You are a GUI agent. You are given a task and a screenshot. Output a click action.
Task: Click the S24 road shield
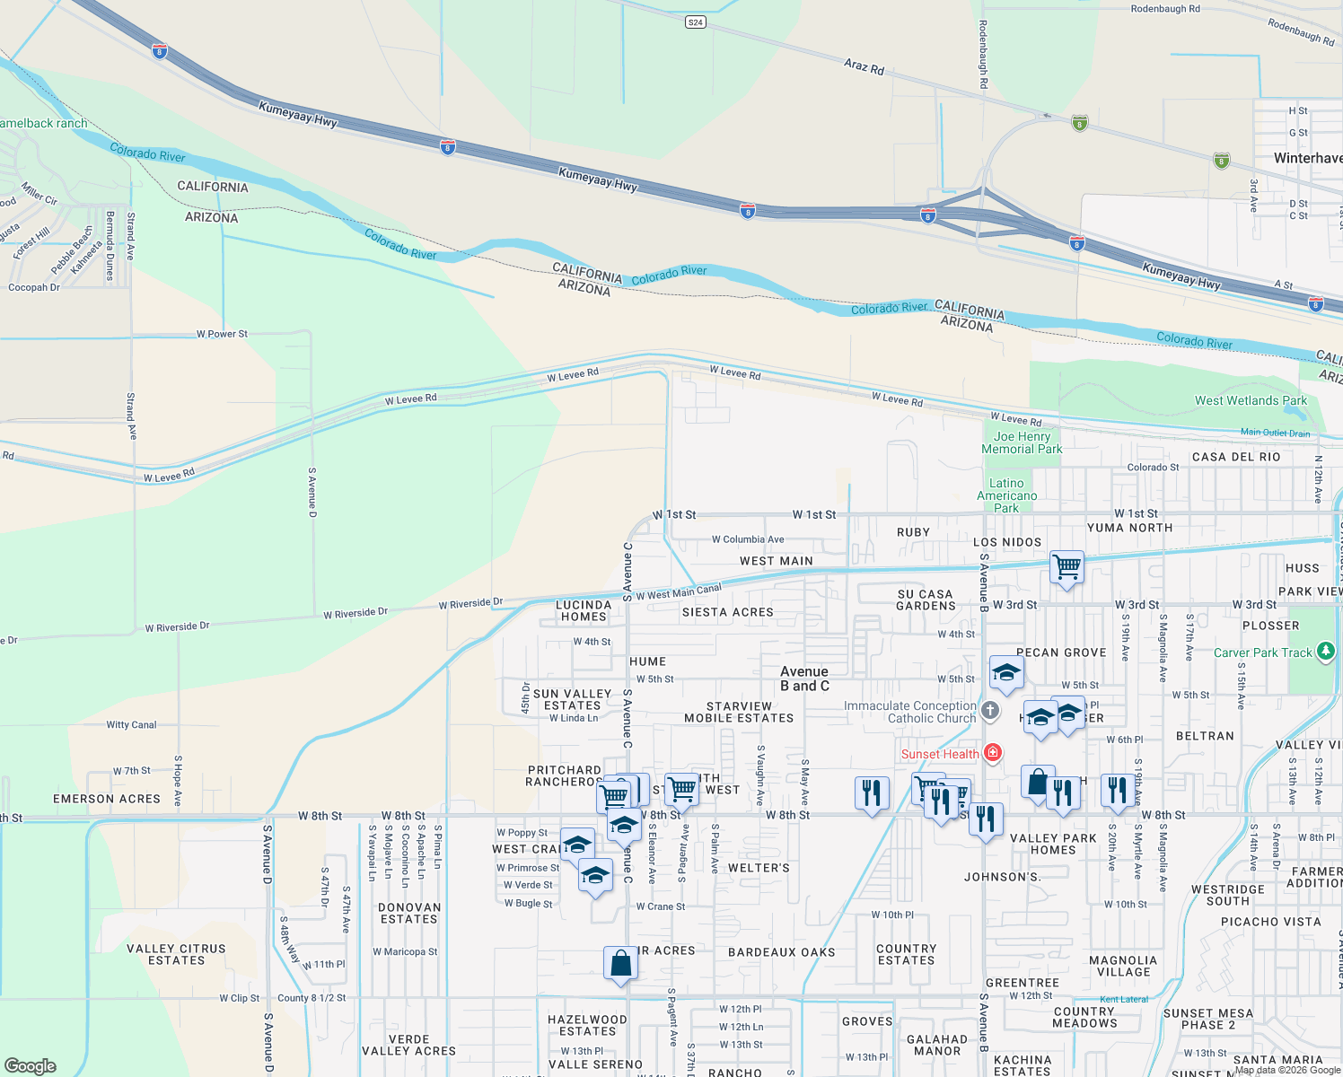pyautogui.click(x=695, y=22)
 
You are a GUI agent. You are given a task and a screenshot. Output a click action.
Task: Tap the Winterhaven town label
pyautogui.click(x=1307, y=158)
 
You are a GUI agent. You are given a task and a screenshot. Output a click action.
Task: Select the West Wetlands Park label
pyautogui.click(x=1251, y=400)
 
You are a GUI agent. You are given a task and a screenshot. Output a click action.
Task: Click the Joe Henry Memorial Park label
pyautogui.click(x=1022, y=442)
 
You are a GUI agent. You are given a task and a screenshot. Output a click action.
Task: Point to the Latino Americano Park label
pyautogui.click(x=1006, y=495)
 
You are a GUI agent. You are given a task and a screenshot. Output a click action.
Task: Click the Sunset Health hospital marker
pyautogui.click(x=993, y=753)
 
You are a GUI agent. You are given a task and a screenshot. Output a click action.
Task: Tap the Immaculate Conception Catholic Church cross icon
pyautogui.click(x=990, y=712)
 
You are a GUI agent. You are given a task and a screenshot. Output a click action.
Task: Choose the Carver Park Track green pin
pyautogui.click(x=1326, y=652)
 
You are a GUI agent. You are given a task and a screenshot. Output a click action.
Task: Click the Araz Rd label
pyautogui.click(x=864, y=66)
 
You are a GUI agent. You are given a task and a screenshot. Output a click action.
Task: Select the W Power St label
pyautogui.click(x=222, y=334)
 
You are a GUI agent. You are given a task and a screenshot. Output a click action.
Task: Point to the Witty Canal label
pyautogui.click(x=131, y=724)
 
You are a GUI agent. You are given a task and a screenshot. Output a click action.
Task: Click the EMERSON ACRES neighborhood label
pyautogui.click(x=107, y=799)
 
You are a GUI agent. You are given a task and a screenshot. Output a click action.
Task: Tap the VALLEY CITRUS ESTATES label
pyautogui.click(x=176, y=954)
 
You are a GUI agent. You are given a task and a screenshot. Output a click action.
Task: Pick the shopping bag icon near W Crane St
pyautogui.click(x=620, y=964)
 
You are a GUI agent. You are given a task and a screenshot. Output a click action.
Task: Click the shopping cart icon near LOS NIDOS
pyautogui.click(x=1066, y=566)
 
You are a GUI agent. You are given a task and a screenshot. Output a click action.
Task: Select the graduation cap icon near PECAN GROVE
pyautogui.click(x=1006, y=672)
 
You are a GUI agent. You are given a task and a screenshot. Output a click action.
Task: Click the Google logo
pyautogui.click(x=30, y=1065)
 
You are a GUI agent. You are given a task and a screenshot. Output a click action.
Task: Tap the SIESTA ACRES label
pyautogui.click(x=727, y=612)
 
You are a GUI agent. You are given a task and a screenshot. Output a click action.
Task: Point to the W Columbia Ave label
pyautogui.click(x=748, y=539)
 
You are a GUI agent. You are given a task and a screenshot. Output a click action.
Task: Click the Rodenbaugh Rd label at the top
pyautogui.click(x=1165, y=9)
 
